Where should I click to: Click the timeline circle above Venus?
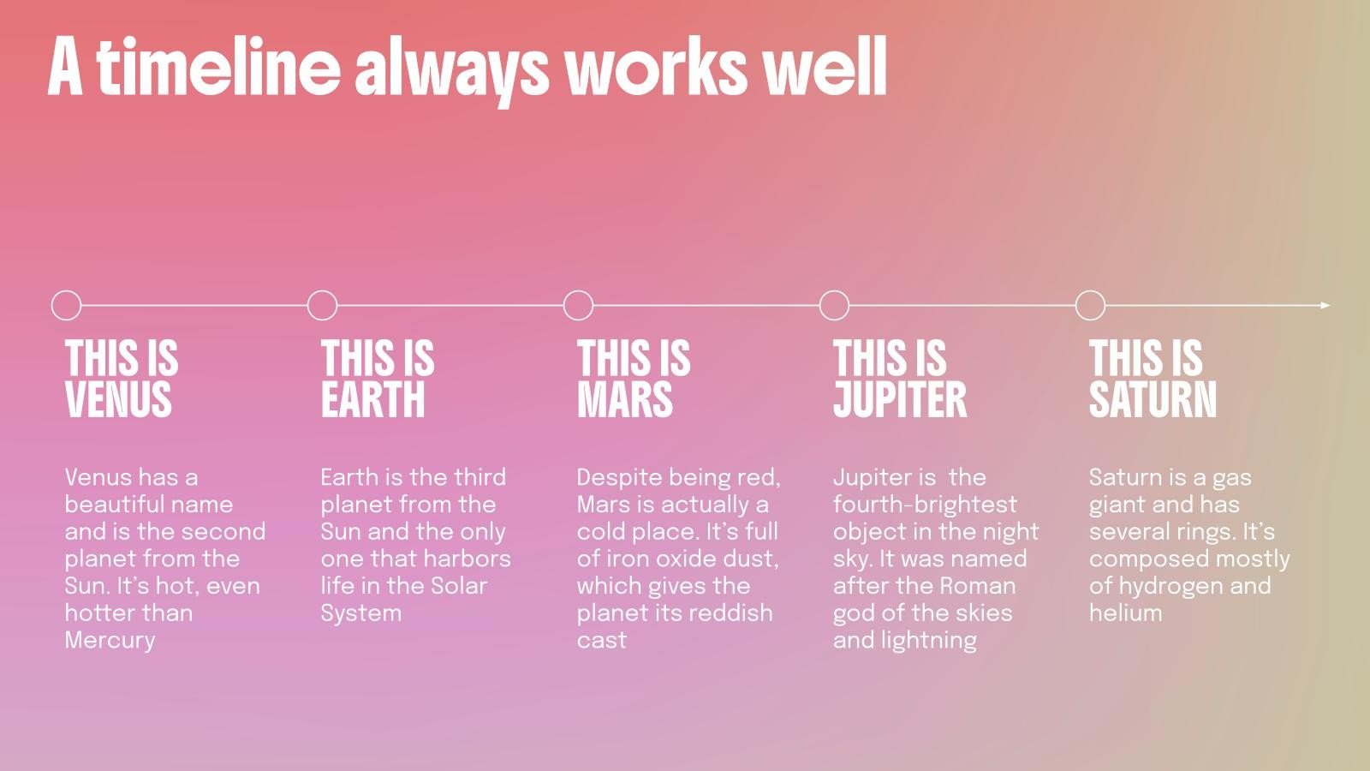[66, 291]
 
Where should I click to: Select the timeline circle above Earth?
[322, 291]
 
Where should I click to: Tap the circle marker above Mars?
[578, 291]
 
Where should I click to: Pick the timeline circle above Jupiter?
[834, 291]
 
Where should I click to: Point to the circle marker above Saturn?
[1091, 291]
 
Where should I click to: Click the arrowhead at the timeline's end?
[1325, 305]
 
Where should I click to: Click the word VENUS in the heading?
[119, 399]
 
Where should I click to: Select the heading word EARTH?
[373, 399]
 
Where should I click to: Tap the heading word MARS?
[625, 399]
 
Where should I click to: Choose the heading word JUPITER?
[900, 399]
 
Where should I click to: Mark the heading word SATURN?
[1153, 399]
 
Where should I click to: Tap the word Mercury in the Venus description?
[110, 641]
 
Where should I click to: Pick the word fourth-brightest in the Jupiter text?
[926, 505]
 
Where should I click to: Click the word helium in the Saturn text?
[1125, 613]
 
